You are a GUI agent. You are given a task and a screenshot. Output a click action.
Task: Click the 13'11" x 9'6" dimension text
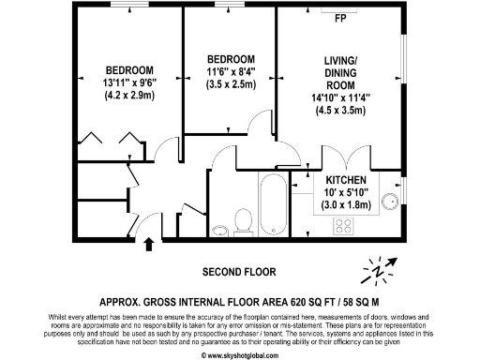[129, 82]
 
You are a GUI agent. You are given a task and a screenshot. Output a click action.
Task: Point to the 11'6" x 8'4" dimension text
[231, 71]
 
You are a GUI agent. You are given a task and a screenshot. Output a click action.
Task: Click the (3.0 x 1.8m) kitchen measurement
[352, 204]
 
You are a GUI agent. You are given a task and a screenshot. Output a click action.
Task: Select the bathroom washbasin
[219, 231]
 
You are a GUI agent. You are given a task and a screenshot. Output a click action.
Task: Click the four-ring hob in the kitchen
[343, 226]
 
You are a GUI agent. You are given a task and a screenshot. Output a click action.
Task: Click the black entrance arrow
[147, 246]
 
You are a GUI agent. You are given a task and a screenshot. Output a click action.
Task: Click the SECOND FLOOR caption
[240, 272]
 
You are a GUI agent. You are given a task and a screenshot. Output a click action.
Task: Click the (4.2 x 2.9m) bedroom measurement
[129, 95]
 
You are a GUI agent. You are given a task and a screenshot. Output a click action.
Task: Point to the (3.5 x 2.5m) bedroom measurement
[231, 84]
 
